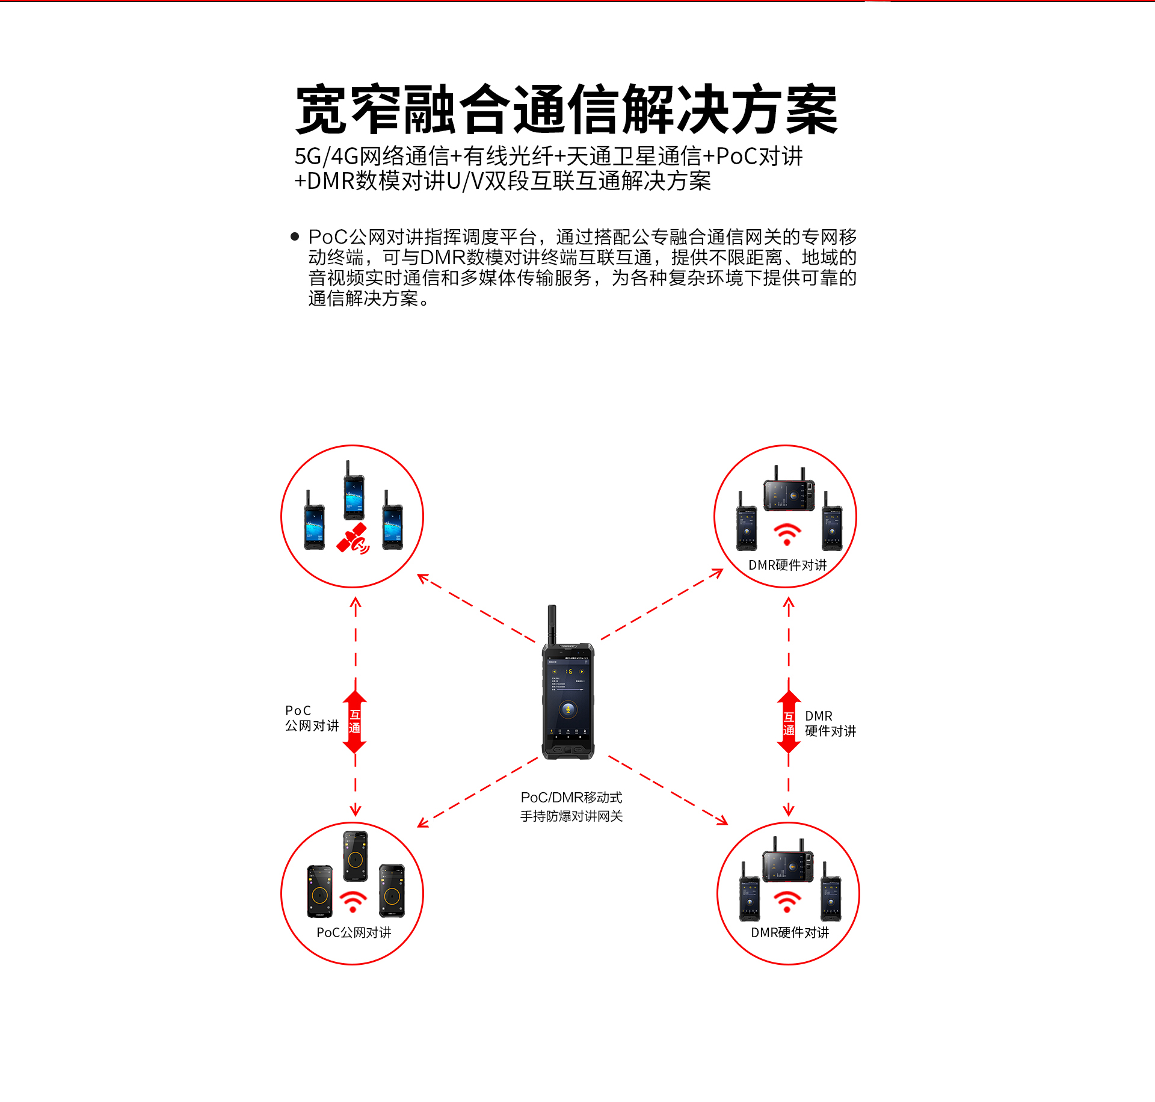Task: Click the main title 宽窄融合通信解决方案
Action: (567, 109)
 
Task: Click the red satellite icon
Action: (353, 538)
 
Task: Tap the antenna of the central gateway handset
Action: (552, 625)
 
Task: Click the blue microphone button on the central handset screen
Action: (568, 710)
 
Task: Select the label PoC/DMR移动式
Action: (571, 798)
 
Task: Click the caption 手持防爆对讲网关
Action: (571, 816)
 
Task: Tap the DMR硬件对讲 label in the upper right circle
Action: (787, 565)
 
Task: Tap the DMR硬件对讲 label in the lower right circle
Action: (790, 932)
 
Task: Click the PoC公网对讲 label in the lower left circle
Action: (354, 932)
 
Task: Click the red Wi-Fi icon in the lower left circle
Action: (353, 901)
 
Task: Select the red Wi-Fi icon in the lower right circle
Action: (787, 901)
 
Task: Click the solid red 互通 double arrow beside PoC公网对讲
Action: (355, 722)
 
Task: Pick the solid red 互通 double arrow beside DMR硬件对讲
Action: (789, 722)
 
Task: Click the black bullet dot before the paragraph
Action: (295, 236)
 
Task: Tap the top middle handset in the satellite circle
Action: (354, 490)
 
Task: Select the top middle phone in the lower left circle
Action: (356, 857)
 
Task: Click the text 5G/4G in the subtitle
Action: (327, 156)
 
